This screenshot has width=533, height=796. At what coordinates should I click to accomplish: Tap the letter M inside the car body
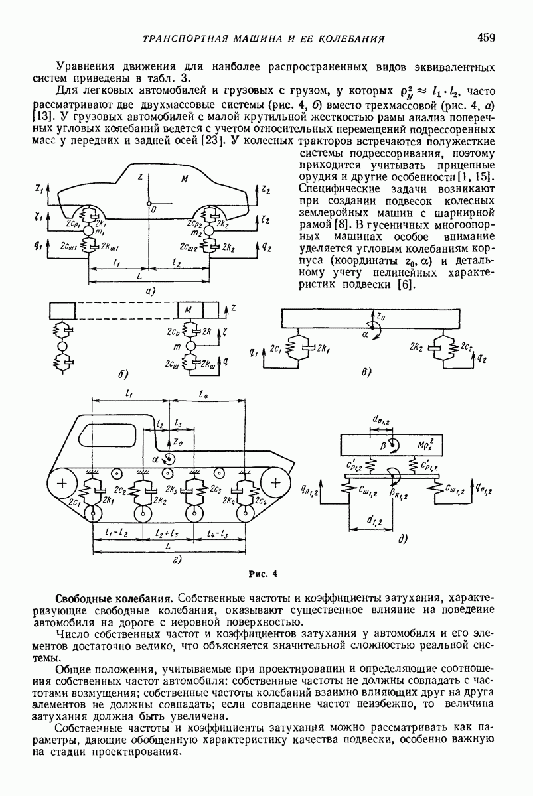point(185,180)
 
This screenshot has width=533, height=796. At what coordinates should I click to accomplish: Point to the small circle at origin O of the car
point(150,203)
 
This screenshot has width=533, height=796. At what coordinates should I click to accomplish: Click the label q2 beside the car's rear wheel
point(266,247)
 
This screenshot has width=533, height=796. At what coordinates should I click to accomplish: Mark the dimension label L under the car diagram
point(139,276)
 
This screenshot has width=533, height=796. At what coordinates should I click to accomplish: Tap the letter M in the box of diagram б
point(188,310)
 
